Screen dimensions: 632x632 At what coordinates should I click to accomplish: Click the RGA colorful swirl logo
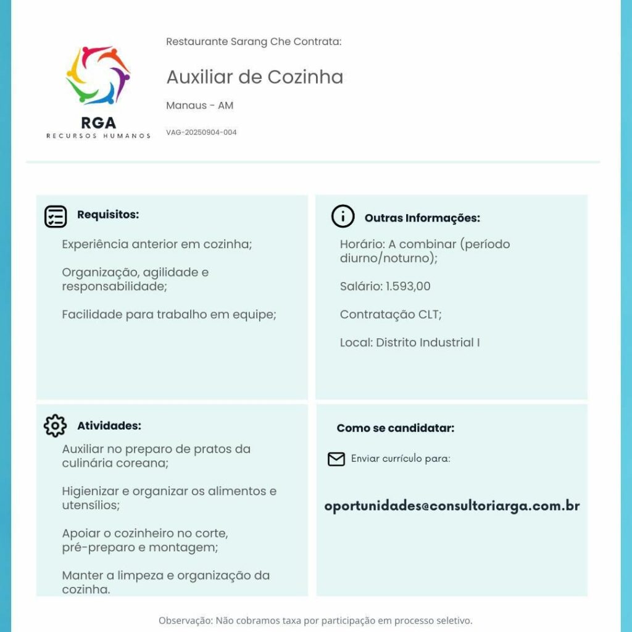(x=98, y=75)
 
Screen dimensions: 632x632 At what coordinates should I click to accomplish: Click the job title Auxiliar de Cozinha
(x=254, y=77)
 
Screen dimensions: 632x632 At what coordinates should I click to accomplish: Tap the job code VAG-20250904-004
(x=201, y=132)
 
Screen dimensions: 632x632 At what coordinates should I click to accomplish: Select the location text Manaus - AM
(x=199, y=106)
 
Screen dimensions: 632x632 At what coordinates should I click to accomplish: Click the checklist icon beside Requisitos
(x=56, y=217)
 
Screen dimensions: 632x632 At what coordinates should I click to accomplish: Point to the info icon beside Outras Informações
(x=343, y=216)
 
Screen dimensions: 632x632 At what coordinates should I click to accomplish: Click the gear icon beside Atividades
(x=55, y=426)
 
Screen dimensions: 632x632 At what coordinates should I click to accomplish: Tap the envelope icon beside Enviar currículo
(x=336, y=459)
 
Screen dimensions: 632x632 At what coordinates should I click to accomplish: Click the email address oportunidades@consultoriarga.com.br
(x=452, y=506)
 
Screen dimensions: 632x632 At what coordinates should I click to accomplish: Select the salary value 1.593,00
(x=408, y=286)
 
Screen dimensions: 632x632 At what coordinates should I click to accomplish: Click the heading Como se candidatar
(x=395, y=428)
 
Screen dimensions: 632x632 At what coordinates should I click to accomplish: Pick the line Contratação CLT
(x=391, y=314)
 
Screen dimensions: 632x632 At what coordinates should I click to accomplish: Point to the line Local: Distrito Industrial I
(x=410, y=343)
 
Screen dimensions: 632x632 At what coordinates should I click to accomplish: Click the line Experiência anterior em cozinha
(x=157, y=244)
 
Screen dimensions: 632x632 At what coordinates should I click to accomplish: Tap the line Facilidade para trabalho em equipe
(x=168, y=315)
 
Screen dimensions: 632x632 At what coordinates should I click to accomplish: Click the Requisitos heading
(x=108, y=215)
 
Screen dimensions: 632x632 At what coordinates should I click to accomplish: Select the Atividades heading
(x=109, y=426)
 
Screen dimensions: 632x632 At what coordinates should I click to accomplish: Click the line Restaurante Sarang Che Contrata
(x=254, y=42)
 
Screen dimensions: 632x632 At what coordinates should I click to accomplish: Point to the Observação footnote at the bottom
(x=315, y=620)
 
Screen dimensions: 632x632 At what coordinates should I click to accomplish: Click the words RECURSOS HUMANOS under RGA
(x=98, y=136)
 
